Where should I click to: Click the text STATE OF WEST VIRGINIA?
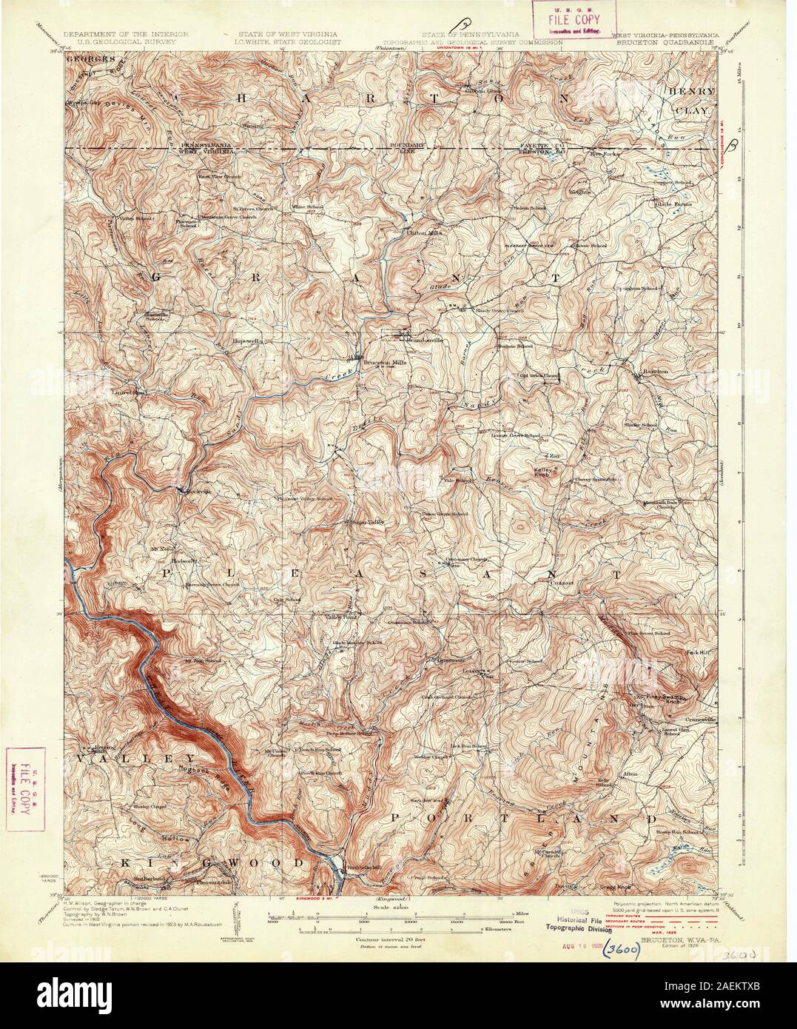289,35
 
